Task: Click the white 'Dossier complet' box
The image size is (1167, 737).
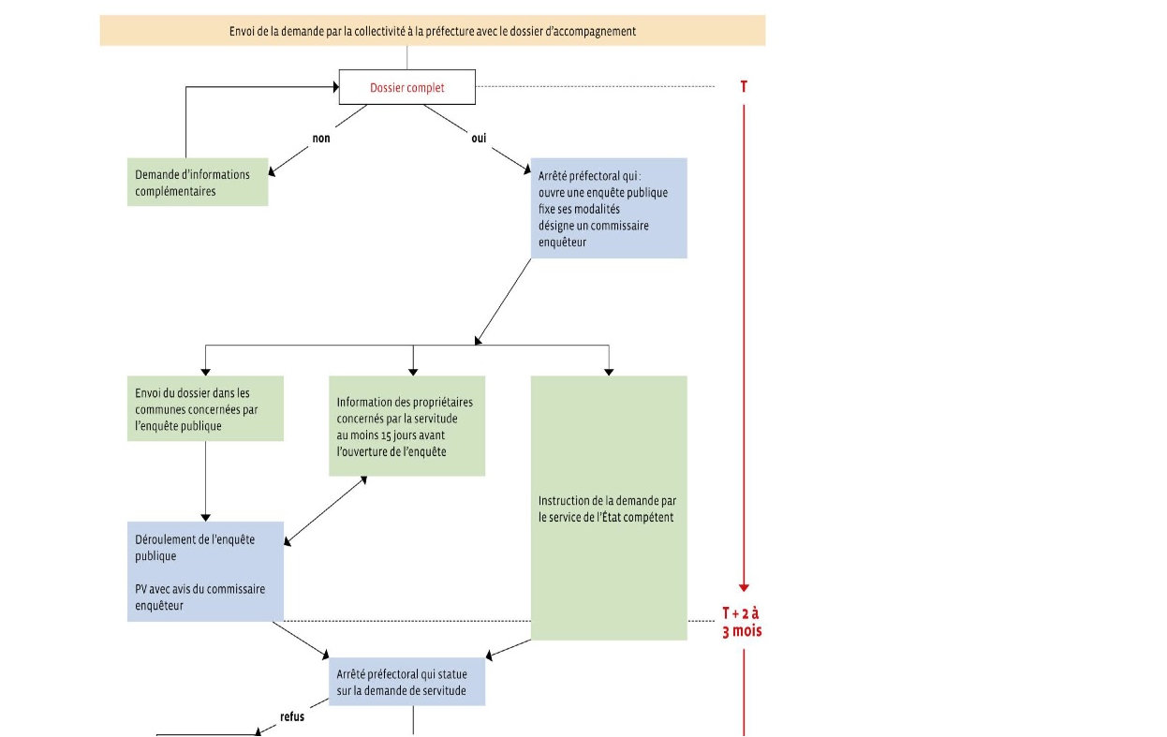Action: coord(406,87)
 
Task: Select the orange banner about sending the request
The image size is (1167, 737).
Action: coord(433,30)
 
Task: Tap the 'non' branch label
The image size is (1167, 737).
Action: coord(321,138)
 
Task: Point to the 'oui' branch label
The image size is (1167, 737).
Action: coord(479,138)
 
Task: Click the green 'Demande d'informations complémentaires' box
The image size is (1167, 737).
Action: coord(198,182)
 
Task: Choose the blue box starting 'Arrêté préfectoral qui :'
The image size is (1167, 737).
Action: coord(609,208)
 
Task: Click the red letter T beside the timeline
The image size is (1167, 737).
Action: coord(744,86)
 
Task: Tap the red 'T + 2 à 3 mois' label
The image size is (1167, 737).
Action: coord(742,622)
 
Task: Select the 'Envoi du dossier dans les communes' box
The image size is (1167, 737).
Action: coord(205,408)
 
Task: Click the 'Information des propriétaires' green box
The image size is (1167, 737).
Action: coord(406,425)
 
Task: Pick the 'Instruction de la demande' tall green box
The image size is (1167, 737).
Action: coord(609,508)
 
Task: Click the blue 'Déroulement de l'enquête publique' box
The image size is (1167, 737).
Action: coord(205,571)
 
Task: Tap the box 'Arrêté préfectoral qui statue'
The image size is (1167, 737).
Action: coord(406,682)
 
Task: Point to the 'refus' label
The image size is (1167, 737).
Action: coord(292,716)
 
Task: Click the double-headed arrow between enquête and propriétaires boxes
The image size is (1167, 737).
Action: coord(326,511)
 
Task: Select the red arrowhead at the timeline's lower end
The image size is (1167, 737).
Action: coord(744,588)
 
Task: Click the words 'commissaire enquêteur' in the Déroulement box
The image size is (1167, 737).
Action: coord(200,597)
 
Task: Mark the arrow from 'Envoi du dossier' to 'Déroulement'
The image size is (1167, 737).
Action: coord(205,481)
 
